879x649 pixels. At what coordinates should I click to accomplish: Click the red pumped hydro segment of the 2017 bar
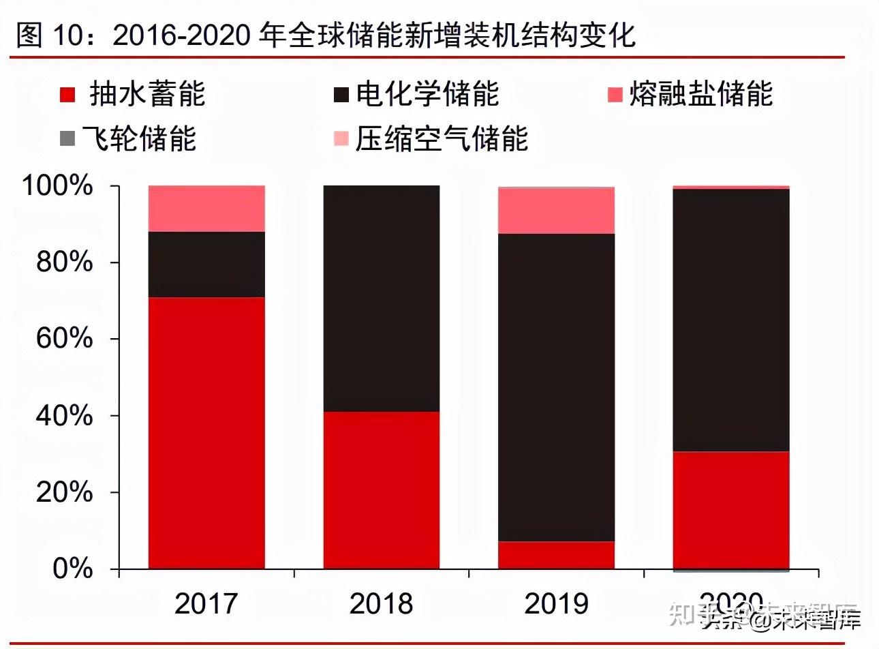[206, 433]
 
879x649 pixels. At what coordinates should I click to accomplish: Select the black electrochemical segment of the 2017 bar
[206, 265]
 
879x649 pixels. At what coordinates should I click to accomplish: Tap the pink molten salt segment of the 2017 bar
[206, 209]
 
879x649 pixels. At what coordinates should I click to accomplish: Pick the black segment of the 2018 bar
[382, 298]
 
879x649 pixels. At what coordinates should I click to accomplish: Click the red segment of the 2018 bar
[382, 489]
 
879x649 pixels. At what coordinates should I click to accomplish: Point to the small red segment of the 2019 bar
[556, 555]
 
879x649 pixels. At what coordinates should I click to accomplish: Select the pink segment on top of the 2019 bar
[556, 211]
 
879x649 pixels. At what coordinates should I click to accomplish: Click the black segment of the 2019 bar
[556, 387]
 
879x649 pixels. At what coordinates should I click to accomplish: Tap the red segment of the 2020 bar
[730, 509]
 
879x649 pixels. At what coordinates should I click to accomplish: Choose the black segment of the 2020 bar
[730, 320]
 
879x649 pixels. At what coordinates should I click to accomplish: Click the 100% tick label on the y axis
[57, 185]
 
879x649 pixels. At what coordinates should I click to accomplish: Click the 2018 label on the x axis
[381, 603]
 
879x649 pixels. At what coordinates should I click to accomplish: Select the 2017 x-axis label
[206, 603]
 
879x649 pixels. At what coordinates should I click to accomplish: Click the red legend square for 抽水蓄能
[67, 95]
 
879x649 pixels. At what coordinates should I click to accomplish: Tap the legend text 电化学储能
[428, 94]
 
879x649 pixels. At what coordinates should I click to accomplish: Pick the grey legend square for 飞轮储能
[67, 139]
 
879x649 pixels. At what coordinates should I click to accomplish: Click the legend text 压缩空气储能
[442, 139]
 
